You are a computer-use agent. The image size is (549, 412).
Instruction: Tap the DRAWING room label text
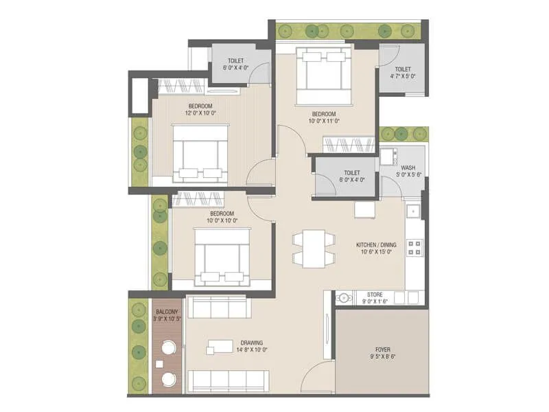(x=252, y=342)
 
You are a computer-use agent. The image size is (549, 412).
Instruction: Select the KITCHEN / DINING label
(x=376, y=244)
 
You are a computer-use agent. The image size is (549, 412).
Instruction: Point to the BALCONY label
(x=167, y=310)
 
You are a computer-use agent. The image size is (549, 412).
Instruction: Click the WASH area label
(x=408, y=167)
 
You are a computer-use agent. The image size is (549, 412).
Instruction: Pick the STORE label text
(x=375, y=293)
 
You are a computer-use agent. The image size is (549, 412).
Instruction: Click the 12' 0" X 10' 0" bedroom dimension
(x=200, y=113)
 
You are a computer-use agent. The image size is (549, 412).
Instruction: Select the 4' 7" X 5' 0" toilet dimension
(x=403, y=77)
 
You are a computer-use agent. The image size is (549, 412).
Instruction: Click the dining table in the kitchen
(x=314, y=247)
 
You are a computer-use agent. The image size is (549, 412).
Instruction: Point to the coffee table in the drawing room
(x=221, y=346)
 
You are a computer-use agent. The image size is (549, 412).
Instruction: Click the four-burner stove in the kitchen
(x=414, y=247)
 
